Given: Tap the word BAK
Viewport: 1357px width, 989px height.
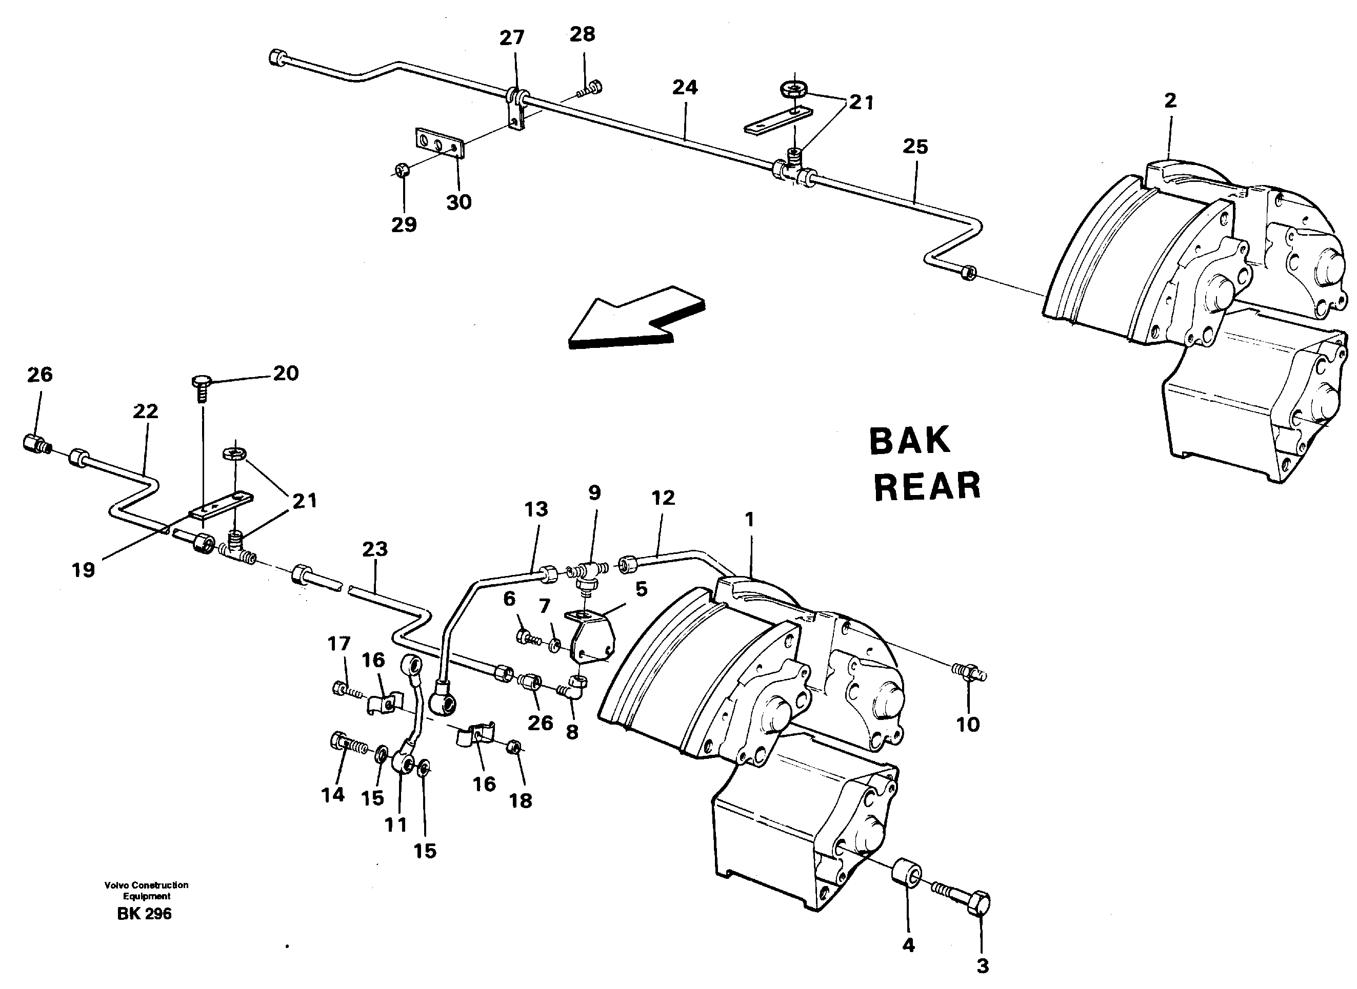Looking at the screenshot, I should pyautogui.click(x=909, y=441).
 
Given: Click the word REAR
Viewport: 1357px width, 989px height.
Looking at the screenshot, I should pyautogui.click(x=927, y=487).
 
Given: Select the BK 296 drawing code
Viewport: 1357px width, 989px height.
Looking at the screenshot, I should pyautogui.click(x=145, y=914).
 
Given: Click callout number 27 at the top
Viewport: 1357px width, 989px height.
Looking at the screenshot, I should pyautogui.click(x=512, y=38).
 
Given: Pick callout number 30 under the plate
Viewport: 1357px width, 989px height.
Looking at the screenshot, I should pyautogui.click(x=459, y=202).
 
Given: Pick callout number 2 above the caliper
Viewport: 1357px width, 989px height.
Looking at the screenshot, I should pyautogui.click(x=1170, y=100).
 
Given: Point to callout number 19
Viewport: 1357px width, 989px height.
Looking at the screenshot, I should pyautogui.click(x=83, y=569).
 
